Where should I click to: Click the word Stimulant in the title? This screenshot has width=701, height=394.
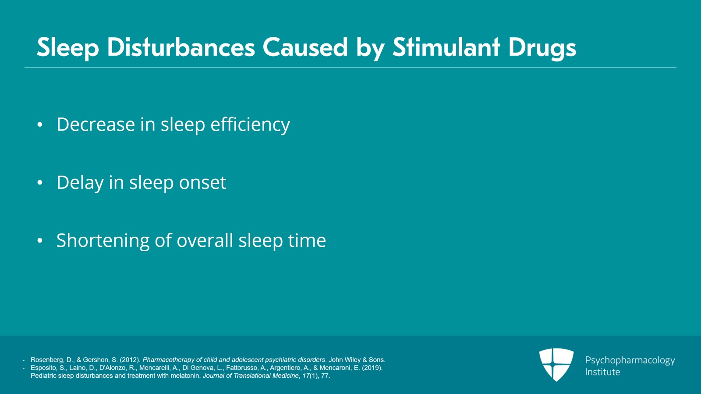[446, 47]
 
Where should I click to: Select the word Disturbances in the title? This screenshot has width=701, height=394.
[181, 47]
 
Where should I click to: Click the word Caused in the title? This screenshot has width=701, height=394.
[305, 47]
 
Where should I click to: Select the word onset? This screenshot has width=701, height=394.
[202, 183]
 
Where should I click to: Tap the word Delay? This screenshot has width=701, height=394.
[80, 183]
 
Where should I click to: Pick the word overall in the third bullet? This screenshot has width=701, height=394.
[205, 240]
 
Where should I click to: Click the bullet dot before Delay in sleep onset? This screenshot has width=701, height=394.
[40, 182]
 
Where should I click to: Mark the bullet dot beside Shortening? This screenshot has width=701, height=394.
[40, 240]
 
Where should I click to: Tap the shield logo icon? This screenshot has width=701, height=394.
[556, 365]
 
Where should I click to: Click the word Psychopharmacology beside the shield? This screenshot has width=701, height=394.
[630, 361]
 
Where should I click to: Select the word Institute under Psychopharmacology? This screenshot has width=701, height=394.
[602, 372]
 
